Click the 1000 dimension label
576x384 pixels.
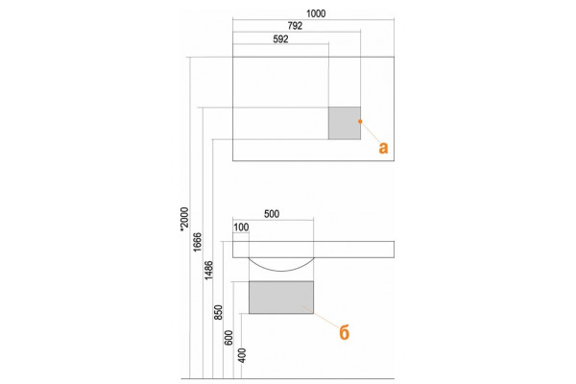point(316,13)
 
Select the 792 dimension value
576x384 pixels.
point(295,26)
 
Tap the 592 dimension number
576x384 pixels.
point(280,39)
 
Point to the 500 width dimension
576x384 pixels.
point(272,214)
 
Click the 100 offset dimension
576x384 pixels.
point(241,228)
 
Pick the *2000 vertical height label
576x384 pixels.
point(184,220)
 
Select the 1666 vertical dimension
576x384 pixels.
point(197,242)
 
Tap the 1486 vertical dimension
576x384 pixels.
point(208,270)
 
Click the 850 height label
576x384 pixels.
point(218,312)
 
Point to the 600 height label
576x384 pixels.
point(228,338)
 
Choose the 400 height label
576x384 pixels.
point(242,355)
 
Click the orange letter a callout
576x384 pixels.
point(383,148)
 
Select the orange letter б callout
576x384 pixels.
point(345,333)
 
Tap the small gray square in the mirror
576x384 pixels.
point(345,123)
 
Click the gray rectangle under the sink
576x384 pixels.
point(281,298)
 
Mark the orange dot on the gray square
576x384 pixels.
point(360,121)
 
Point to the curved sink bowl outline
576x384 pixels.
point(281,271)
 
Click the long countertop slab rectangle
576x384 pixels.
point(313,250)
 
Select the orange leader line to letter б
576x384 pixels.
point(319,316)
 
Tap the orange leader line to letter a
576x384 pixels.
point(371,132)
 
